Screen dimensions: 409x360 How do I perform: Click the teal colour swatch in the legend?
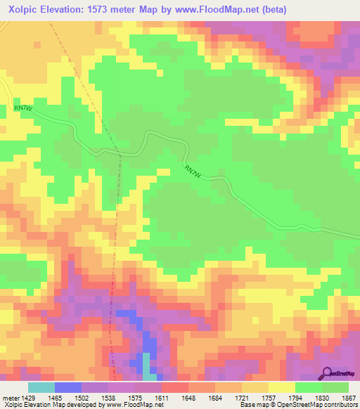click(x=41, y=387)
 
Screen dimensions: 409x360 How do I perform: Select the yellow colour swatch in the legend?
click(x=281, y=387)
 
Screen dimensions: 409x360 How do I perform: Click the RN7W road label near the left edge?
click(x=22, y=108)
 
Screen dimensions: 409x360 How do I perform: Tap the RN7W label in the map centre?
click(x=193, y=171)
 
